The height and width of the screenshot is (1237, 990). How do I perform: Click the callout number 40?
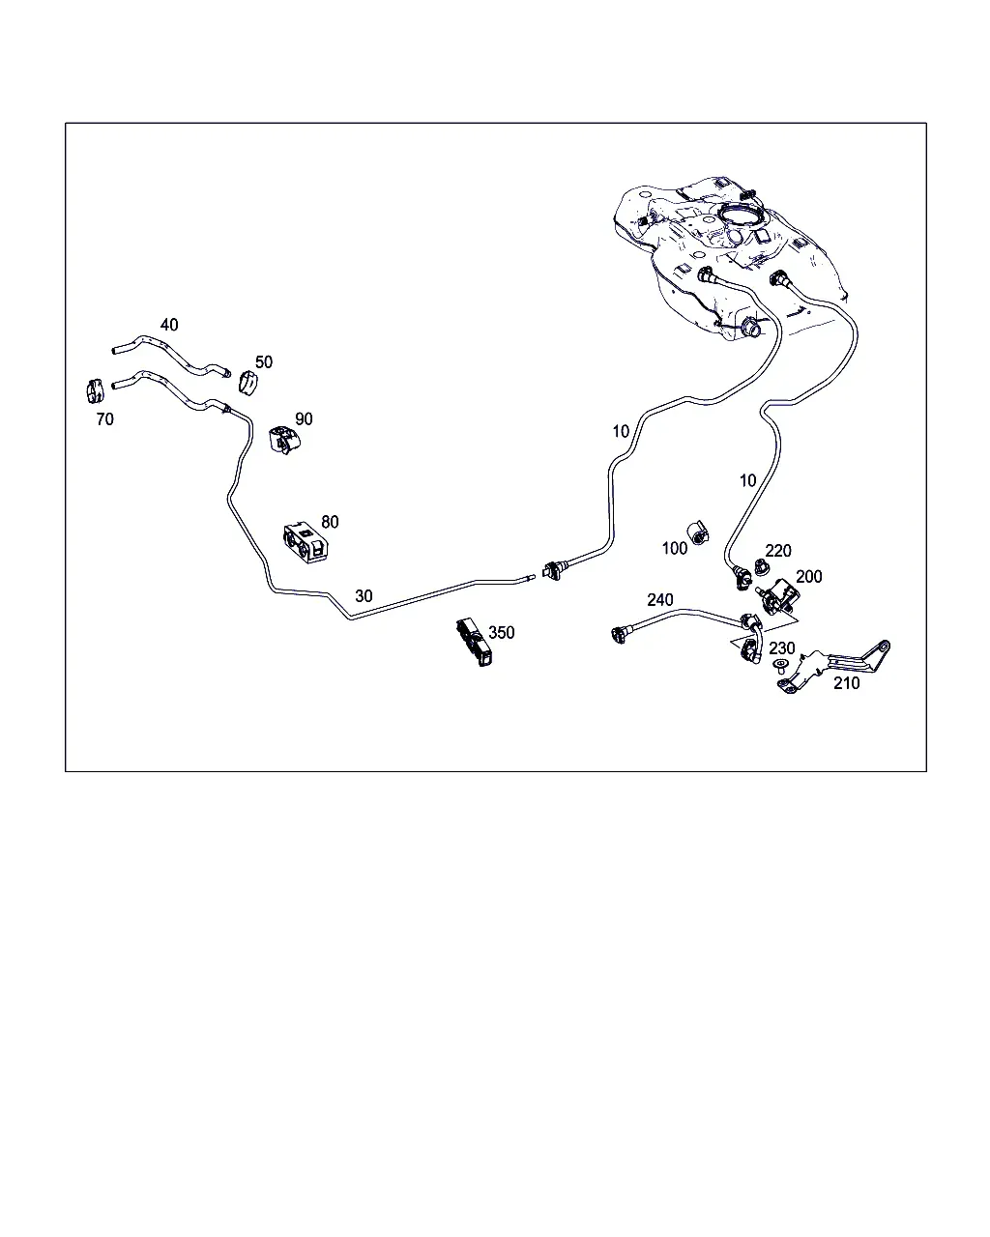coord(169,325)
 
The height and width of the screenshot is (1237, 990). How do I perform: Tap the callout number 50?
coord(264,362)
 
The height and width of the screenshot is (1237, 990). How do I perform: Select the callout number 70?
coord(104,419)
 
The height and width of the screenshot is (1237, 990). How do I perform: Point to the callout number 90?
coord(304,419)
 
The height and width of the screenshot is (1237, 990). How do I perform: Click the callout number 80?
coord(330,522)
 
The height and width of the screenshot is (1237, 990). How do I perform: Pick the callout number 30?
coord(364,596)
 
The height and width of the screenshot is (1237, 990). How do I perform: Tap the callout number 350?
coord(501,633)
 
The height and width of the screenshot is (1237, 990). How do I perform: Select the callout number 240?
coord(659,600)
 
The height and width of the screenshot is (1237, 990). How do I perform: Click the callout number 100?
coord(675,549)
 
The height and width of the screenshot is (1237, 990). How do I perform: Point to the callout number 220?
coord(778,551)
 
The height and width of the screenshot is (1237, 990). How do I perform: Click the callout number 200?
coord(809,577)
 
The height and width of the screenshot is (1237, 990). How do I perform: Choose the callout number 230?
coord(782,648)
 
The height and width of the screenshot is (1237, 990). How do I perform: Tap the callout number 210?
coord(847,683)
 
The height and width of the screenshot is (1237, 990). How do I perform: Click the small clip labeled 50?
coord(247,384)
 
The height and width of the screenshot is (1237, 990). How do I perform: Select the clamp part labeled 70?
coord(95,391)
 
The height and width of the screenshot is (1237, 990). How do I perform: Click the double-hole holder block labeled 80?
coord(306,542)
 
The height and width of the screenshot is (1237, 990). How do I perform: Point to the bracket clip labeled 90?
coord(283,439)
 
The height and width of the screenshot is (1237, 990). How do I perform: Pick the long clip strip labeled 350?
coord(475,642)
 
